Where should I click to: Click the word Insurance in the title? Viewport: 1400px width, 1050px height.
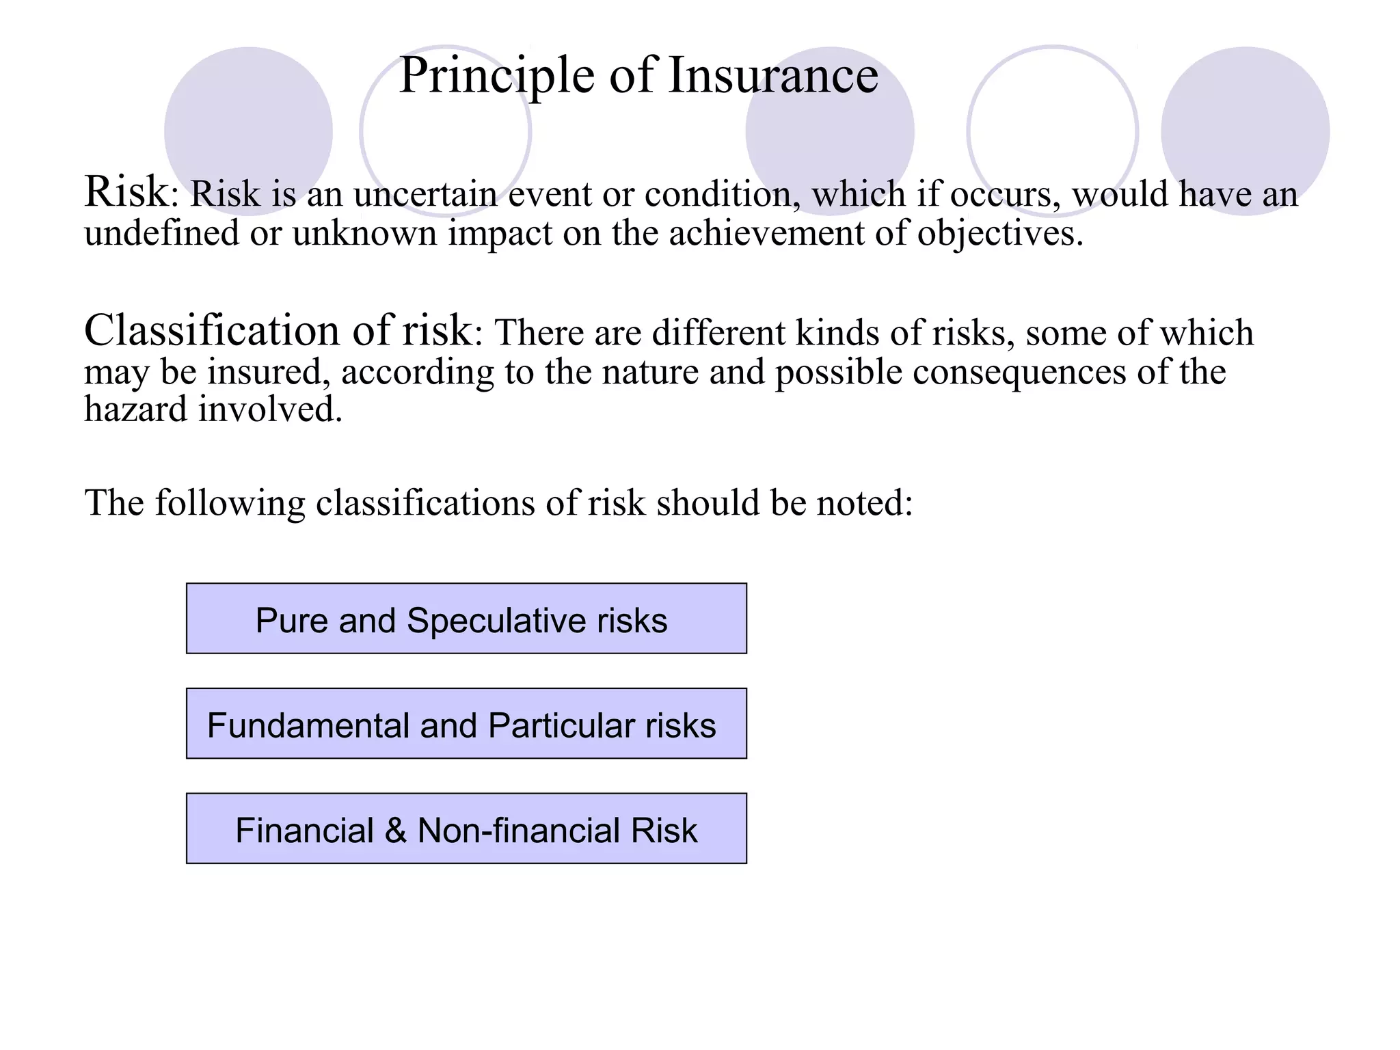point(773,75)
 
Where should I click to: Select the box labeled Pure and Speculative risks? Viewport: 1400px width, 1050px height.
point(466,619)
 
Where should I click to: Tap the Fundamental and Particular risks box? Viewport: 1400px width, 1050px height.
point(466,724)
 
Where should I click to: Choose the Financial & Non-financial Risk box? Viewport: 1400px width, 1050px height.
point(466,829)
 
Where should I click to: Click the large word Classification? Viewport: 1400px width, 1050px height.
point(211,330)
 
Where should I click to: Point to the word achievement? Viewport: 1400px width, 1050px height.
point(766,233)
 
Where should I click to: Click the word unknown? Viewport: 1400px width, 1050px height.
point(364,234)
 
